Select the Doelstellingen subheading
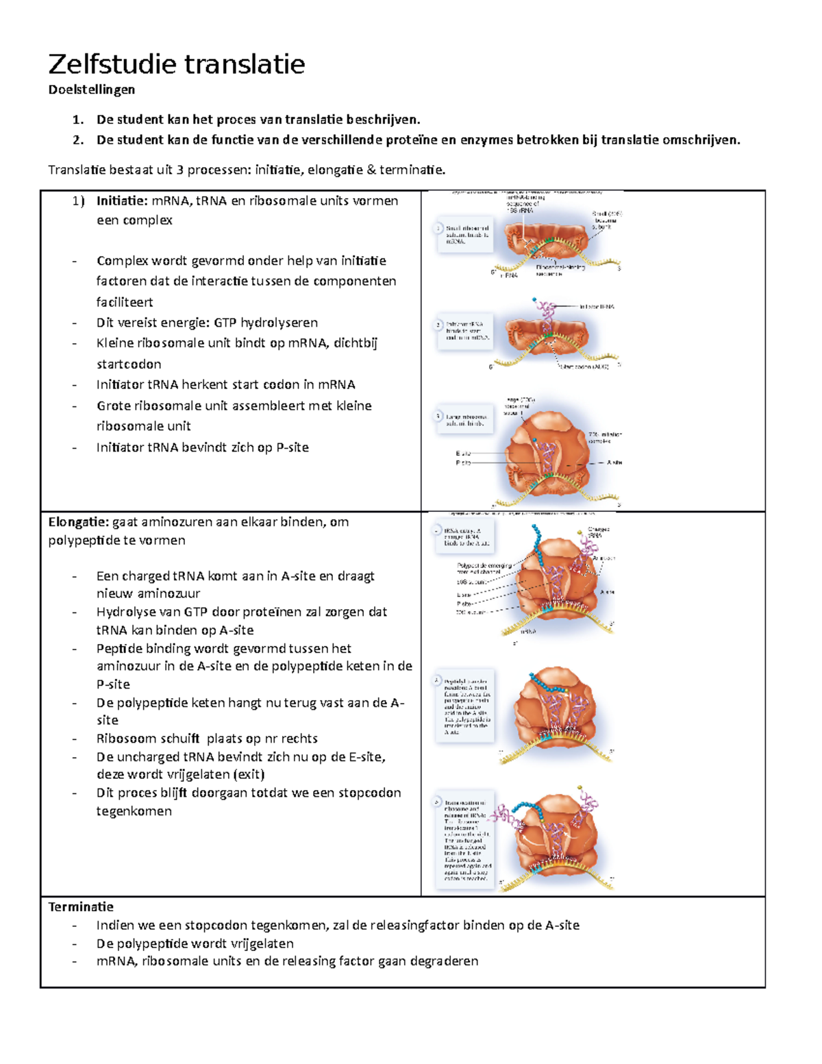coord(91,90)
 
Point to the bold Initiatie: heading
coord(122,201)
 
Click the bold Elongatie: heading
coord(78,522)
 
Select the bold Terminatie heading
coord(81,907)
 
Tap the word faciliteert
coord(125,302)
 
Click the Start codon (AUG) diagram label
coord(584,367)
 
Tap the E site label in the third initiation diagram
coord(463,454)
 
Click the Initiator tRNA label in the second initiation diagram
coord(597,307)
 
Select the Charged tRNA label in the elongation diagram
coord(598,532)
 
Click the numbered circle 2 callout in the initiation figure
coord(438,325)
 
